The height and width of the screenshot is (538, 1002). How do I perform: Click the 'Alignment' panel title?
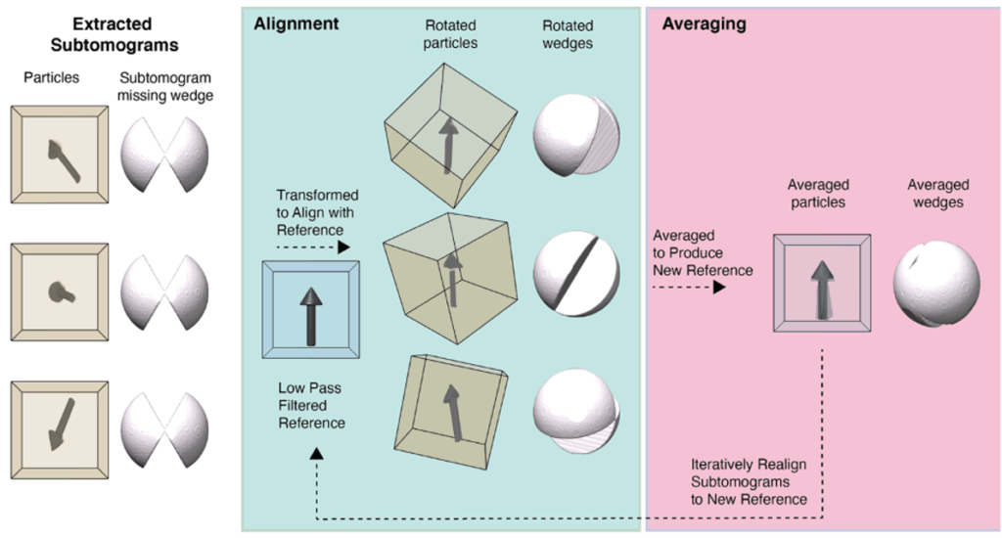tap(296, 23)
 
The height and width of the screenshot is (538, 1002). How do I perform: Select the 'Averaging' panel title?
tap(705, 23)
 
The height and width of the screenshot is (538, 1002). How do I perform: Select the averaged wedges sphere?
tap(936, 279)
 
